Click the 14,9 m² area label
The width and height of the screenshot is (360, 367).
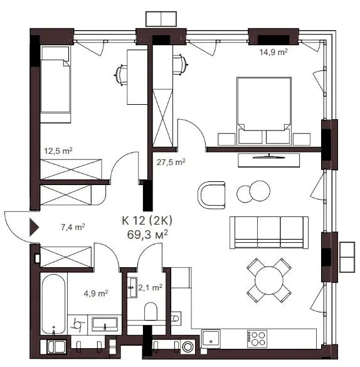pos(273,52)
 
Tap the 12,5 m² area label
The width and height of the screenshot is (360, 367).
pos(58,151)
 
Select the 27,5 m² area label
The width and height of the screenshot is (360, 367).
pos(171,162)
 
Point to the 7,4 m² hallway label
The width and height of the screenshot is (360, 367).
pos(73,227)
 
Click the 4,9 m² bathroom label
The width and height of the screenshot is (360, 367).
pos(96,293)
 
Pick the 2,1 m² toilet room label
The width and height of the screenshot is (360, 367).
pos(150,287)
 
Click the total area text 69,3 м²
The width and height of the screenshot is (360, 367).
pos(147,235)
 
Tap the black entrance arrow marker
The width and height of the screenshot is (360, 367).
pos(34,227)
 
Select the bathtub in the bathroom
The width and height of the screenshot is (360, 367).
pos(53,304)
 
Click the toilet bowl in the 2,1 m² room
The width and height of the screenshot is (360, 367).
pos(151,311)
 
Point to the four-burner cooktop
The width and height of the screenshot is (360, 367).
pos(257,339)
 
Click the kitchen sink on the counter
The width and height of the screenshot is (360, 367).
pos(211,338)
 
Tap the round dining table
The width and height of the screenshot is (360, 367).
pos(269,280)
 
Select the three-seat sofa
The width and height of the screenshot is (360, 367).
pos(269,232)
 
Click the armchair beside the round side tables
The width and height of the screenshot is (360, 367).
pos(212,196)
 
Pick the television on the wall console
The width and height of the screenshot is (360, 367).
pos(269,156)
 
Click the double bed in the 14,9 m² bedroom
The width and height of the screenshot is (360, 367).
pos(264,110)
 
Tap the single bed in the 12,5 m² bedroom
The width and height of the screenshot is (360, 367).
pos(55,84)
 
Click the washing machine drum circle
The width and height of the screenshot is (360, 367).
pos(188,347)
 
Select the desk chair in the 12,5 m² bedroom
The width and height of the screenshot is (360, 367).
pos(121,75)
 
